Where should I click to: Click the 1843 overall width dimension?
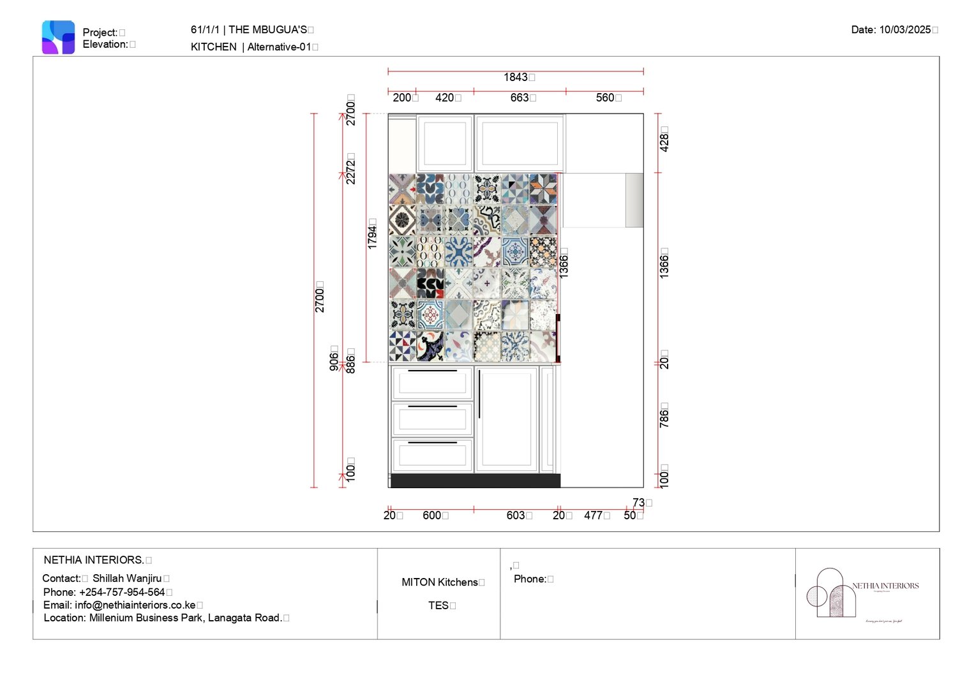(x=516, y=77)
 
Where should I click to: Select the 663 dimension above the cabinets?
(x=520, y=98)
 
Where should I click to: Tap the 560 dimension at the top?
(x=605, y=98)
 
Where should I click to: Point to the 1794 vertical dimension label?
(x=372, y=233)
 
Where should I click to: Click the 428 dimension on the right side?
(x=664, y=139)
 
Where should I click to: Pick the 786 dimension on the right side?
(x=664, y=415)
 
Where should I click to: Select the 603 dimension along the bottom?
(x=516, y=515)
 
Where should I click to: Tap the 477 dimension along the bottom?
(x=594, y=515)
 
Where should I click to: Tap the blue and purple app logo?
(x=58, y=37)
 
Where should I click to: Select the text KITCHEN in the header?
(x=213, y=47)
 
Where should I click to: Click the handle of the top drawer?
(x=432, y=371)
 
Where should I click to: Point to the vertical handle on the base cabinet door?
(x=479, y=394)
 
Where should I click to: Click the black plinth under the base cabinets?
(x=475, y=481)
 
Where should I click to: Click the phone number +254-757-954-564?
(x=121, y=592)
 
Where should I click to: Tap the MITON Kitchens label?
(x=440, y=582)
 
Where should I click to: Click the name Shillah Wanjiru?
(x=127, y=579)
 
